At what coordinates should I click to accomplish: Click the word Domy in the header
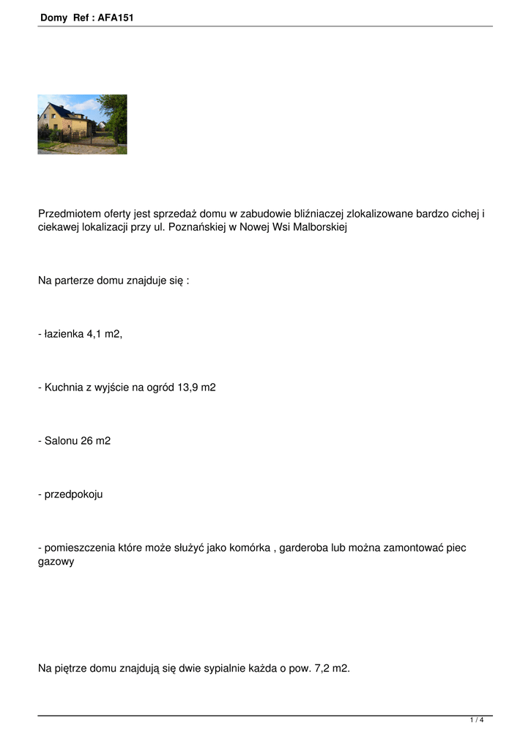click(x=54, y=18)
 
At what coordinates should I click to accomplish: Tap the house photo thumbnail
click(x=82, y=124)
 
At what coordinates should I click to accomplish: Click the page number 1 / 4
click(x=477, y=720)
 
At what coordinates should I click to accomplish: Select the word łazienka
click(x=64, y=334)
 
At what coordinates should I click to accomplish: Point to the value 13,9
click(x=187, y=387)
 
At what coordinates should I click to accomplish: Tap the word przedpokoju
click(x=73, y=494)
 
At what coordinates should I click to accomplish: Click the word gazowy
click(x=56, y=562)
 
